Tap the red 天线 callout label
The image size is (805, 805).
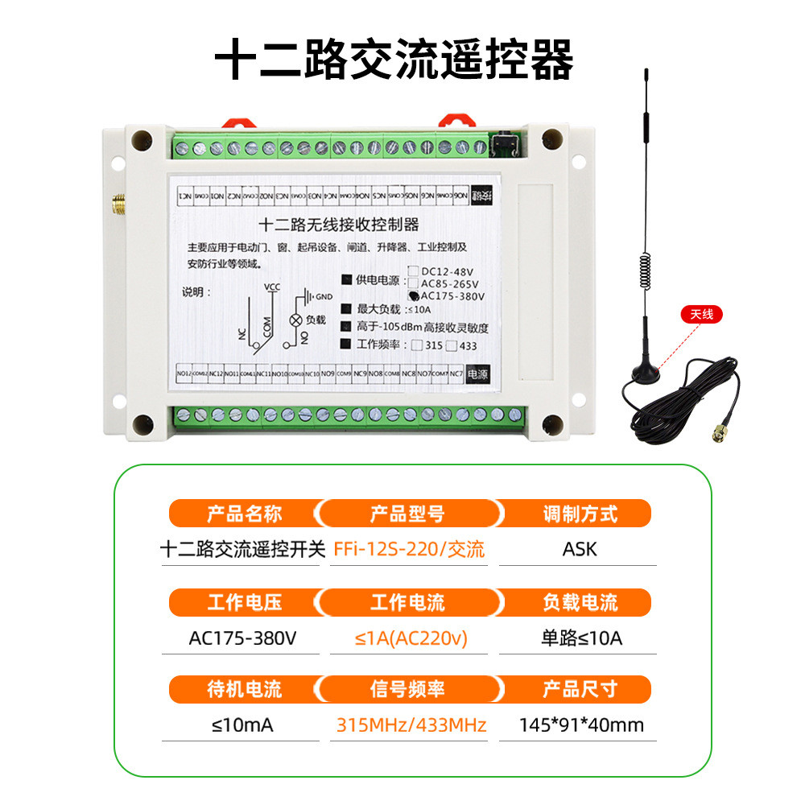coord(697,315)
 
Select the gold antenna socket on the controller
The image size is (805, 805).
coord(118,207)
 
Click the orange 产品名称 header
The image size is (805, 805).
coord(245,513)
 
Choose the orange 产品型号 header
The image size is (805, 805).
coord(407,513)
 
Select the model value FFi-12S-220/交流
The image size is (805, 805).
coord(409,550)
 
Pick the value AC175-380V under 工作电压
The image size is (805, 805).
coord(243,638)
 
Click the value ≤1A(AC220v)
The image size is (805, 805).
coord(411,638)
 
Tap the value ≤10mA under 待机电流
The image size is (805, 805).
coord(242,725)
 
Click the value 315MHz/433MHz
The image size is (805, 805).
coord(411,725)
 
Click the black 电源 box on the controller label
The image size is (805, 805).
coord(478,374)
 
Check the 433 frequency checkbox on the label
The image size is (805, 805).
coord(452,346)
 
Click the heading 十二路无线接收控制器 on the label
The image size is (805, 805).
coord(336,225)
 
